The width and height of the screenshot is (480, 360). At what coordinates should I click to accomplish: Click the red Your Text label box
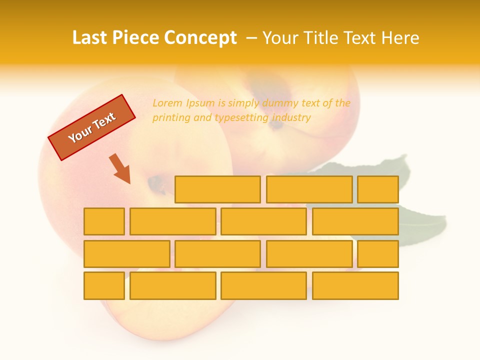pyautogui.click(x=91, y=127)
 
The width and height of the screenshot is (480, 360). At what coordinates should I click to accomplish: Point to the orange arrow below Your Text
pyautogui.click(x=120, y=168)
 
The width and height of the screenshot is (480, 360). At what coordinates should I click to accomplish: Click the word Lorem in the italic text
pyautogui.click(x=167, y=103)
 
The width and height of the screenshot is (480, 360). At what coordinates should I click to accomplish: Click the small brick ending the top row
pyautogui.click(x=378, y=189)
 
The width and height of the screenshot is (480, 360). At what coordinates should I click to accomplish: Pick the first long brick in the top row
pyautogui.click(x=217, y=189)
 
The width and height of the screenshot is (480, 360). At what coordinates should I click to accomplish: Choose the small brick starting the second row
pyautogui.click(x=104, y=221)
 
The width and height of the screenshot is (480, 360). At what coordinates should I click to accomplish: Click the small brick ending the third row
pyautogui.click(x=378, y=253)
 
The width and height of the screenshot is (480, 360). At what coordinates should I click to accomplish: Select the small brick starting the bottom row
pyautogui.click(x=104, y=285)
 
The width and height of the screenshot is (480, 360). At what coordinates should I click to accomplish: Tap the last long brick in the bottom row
pyautogui.click(x=355, y=285)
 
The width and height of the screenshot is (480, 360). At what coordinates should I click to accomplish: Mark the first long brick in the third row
pyautogui.click(x=126, y=253)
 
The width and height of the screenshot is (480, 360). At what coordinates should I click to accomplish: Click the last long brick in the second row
pyautogui.click(x=355, y=221)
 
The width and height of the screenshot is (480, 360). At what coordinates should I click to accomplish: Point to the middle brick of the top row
pyautogui.click(x=309, y=189)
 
